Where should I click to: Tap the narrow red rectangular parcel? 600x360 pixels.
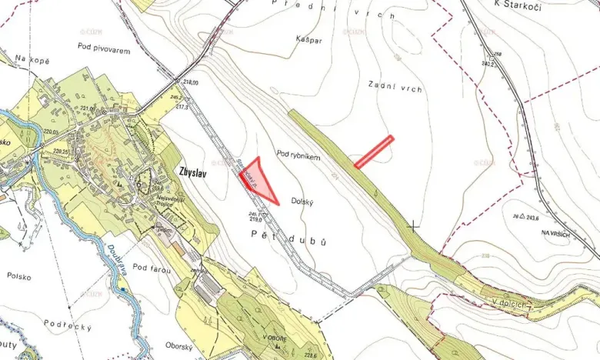click(374, 152)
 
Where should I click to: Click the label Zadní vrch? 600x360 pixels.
click(395, 88)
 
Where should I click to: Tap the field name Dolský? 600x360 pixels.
click(305, 202)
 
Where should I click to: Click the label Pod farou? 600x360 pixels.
click(150, 267)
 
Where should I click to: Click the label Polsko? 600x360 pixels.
click(19, 275)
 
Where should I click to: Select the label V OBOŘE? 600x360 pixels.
click(274, 338)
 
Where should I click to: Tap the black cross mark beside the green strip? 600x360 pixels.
click(415, 225)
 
